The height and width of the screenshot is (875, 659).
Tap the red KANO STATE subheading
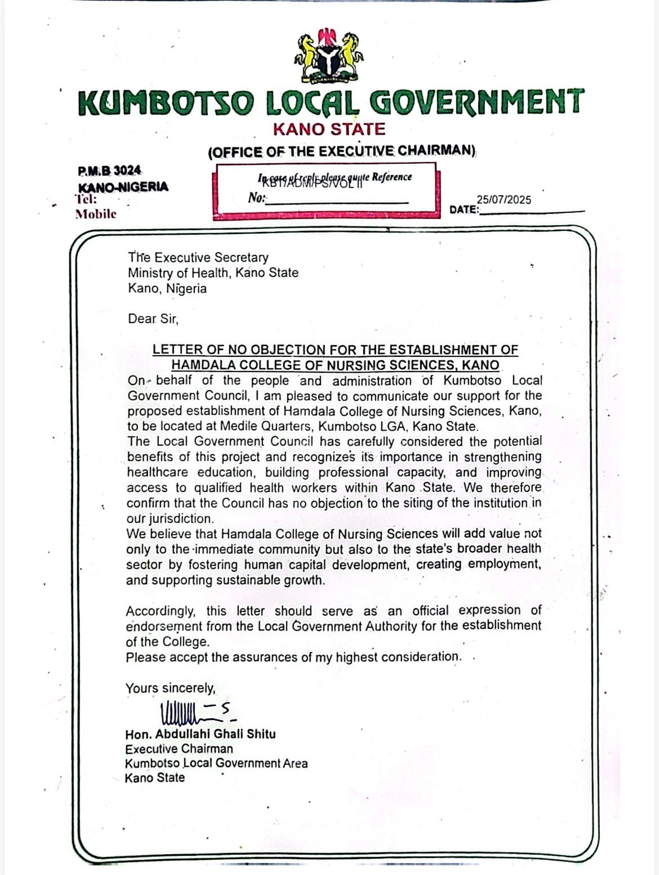pyautogui.click(x=329, y=130)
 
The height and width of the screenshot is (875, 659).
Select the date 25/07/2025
pyautogui.click(x=504, y=200)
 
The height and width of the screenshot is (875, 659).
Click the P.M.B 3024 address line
pyautogui.click(x=110, y=170)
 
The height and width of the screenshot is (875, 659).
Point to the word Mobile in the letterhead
pyautogui.click(x=96, y=213)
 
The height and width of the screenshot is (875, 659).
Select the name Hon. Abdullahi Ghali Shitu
pyautogui.click(x=201, y=734)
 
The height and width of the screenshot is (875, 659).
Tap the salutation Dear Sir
pyautogui.click(x=153, y=319)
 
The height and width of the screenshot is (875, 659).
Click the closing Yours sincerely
pyautogui.click(x=170, y=688)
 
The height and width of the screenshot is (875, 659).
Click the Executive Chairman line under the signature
pyautogui.click(x=179, y=749)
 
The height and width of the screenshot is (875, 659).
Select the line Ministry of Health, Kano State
pyautogui.click(x=213, y=273)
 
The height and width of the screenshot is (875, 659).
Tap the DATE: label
pyautogui.click(x=464, y=210)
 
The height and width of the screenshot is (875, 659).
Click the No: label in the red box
pyautogui.click(x=256, y=198)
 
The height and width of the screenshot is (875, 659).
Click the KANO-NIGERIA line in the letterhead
pyautogui.click(x=123, y=186)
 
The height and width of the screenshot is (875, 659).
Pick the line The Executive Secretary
pyautogui.click(x=198, y=258)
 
